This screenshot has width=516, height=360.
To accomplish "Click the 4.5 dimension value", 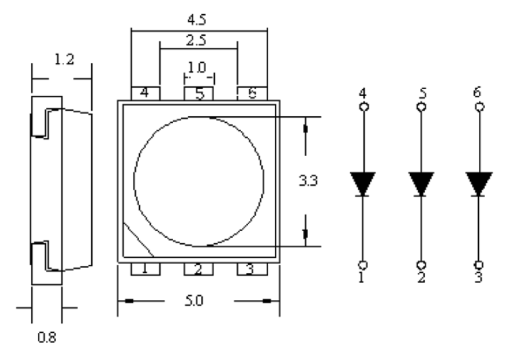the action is [x=197, y=20].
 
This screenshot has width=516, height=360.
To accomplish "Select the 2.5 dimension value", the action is [x=196, y=41].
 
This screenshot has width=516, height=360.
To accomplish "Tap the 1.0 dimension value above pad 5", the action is [x=197, y=68].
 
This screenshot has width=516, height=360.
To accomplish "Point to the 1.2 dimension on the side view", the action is [x=64, y=59].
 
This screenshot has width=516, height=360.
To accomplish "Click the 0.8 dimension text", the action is [x=47, y=338].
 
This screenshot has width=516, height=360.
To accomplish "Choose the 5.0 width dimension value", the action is [x=194, y=301].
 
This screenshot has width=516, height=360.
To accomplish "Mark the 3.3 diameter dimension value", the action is [x=308, y=180].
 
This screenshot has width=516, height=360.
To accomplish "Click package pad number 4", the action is [x=145, y=93].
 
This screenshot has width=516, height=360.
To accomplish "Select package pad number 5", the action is [x=199, y=93].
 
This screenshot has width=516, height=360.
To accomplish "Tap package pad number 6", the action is [x=252, y=93].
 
